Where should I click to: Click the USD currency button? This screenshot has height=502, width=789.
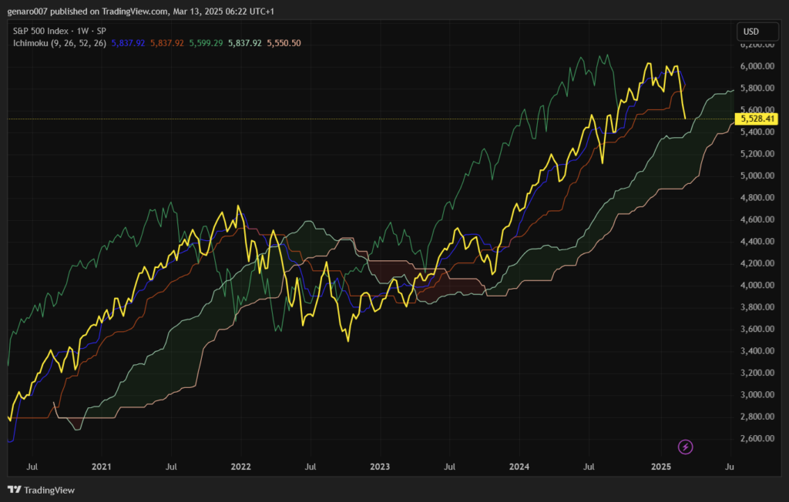click(749, 32)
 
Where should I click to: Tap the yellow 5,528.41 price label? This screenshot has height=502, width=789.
click(757, 119)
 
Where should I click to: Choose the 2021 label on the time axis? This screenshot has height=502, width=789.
click(101, 467)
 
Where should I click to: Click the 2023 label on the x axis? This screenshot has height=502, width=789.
click(380, 467)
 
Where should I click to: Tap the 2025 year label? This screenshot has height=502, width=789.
click(661, 467)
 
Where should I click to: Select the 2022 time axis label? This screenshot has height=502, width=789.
click(240, 467)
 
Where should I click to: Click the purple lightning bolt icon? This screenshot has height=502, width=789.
click(685, 447)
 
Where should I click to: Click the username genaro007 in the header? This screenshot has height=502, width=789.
click(29, 12)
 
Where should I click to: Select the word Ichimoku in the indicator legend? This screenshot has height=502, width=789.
click(31, 43)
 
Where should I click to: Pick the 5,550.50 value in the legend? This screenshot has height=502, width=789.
click(284, 43)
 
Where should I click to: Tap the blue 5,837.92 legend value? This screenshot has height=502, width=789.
click(128, 43)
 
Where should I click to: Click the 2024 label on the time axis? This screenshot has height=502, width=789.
click(519, 467)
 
